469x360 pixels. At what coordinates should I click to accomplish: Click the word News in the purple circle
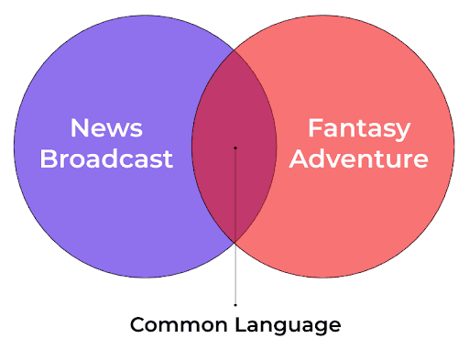click(106, 128)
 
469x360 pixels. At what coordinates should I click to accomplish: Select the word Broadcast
click(106, 158)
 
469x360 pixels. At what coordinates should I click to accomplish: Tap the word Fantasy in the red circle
click(359, 129)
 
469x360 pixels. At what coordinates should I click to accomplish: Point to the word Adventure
click(359, 158)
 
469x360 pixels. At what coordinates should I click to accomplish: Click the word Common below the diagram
click(179, 324)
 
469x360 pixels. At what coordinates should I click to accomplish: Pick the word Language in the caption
click(288, 325)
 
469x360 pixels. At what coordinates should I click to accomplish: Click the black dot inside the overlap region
click(235, 148)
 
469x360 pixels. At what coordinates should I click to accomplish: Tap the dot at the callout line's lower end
click(235, 305)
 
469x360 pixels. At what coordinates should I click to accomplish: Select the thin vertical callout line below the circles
click(235, 226)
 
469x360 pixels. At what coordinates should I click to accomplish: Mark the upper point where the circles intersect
click(234, 49)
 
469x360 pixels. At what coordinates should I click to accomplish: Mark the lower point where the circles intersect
click(234, 243)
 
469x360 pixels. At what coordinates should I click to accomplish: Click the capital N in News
click(80, 128)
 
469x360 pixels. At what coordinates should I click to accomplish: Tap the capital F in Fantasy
click(314, 128)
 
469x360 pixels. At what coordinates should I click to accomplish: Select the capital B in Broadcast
click(49, 158)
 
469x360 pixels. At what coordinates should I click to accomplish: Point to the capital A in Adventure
click(300, 158)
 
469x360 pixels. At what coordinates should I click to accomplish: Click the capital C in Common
click(138, 324)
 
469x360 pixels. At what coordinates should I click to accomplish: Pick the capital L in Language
click(241, 324)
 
